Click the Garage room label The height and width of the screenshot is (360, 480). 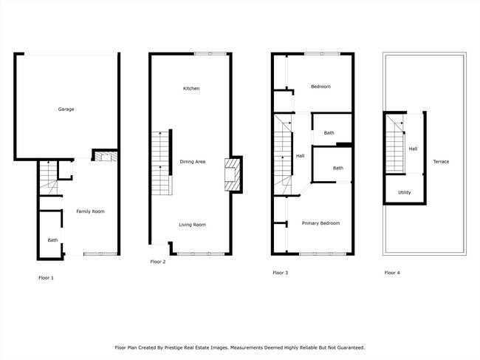(66, 109)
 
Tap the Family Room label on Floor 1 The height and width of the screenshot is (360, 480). (90, 211)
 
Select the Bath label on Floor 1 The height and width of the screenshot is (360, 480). (52, 240)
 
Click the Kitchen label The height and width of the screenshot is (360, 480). (191, 89)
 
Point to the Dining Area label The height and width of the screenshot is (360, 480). (192, 161)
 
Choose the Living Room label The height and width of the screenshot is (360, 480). (192, 224)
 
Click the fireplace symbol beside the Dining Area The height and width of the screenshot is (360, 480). (233, 175)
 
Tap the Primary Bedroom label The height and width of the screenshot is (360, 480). (320, 223)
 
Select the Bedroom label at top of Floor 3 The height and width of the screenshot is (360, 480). (320, 86)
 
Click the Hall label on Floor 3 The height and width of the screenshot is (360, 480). (300, 156)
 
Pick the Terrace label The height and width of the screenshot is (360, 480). (441, 161)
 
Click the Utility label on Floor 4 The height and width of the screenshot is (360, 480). (404, 192)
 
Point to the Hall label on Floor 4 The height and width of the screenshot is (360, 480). (413, 149)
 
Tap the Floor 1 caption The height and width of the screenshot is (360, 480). (46, 278)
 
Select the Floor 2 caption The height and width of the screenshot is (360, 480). (158, 262)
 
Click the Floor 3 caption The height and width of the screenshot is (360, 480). (281, 273)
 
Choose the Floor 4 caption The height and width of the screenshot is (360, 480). (392, 273)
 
